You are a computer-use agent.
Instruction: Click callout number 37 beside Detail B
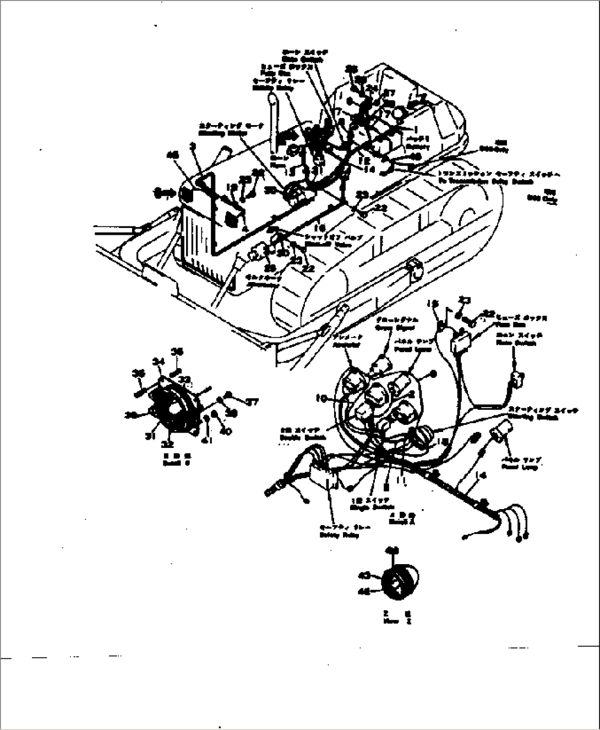click(252, 403)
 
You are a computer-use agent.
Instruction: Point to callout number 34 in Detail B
click(159, 361)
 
